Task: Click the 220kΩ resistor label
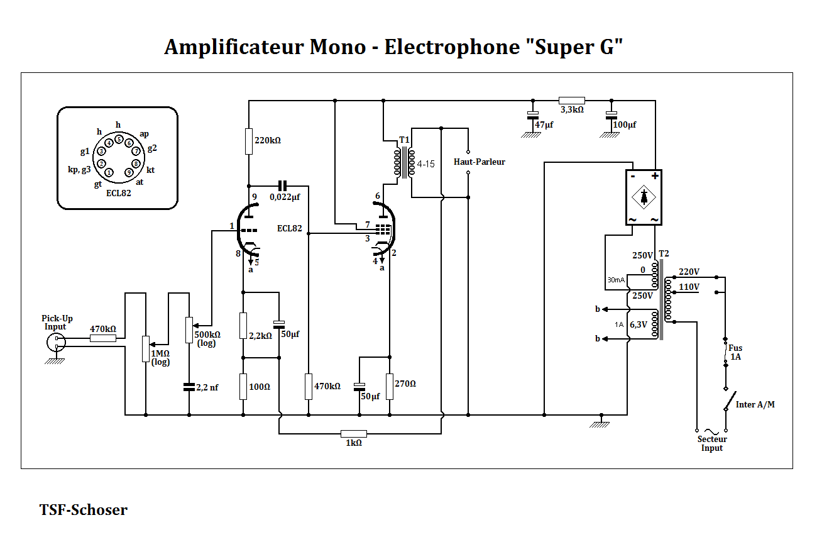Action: click(268, 140)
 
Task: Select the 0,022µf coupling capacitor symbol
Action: click(282, 185)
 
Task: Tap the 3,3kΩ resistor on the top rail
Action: click(572, 100)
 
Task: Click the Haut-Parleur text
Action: click(479, 162)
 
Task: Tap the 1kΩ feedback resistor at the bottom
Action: click(353, 433)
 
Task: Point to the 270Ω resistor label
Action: click(405, 383)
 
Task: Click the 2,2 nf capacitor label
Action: click(207, 387)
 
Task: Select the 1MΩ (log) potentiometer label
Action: click(161, 357)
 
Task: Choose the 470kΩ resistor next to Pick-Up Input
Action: click(102, 338)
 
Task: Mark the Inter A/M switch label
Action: click(755, 404)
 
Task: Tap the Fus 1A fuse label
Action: click(735, 352)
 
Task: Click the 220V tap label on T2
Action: click(689, 272)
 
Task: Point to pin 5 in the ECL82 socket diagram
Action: click(119, 139)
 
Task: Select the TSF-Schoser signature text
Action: click(83, 510)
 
